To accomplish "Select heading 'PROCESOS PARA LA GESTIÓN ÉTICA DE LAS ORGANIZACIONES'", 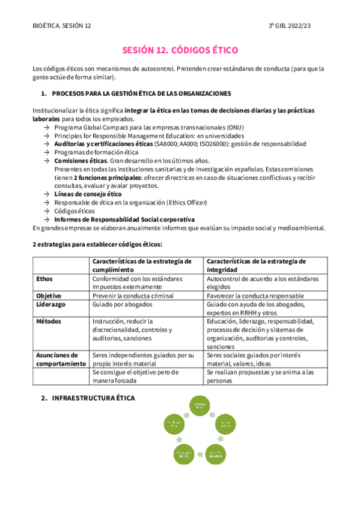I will point(141,94).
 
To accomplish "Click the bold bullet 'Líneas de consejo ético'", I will point(88,194).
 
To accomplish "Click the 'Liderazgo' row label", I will point(50,305).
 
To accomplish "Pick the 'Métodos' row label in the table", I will point(49,322).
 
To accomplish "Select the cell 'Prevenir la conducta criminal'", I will point(133,296).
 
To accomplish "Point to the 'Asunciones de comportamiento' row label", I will point(58,359).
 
